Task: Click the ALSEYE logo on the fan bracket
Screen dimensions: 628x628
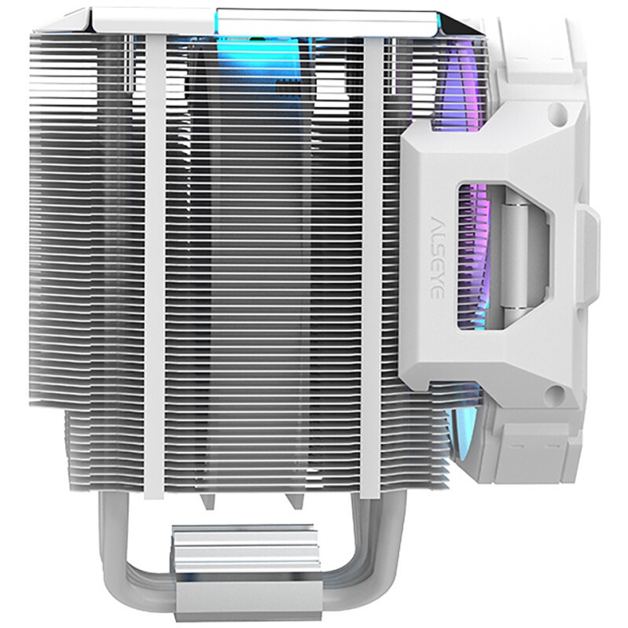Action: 437,258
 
